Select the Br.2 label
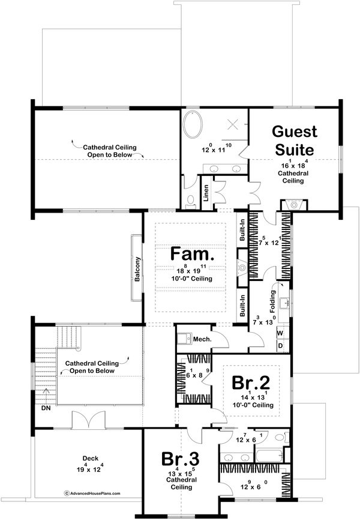(x=252, y=382)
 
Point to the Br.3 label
(x=180, y=459)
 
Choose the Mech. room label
(x=201, y=340)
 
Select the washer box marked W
(x=280, y=333)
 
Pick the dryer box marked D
(x=280, y=346)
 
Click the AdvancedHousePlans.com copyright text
(x=92, y=493)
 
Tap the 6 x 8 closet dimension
(x=193, y=375)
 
